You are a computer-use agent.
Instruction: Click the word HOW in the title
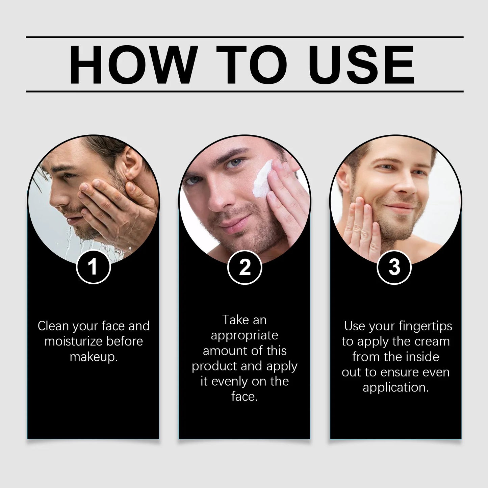(x=133, y=64)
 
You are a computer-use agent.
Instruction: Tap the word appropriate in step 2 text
(x=244, y=335)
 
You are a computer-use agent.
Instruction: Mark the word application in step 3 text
(x=395, y=388)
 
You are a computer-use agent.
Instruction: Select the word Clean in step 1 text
(x=53, y=326)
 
